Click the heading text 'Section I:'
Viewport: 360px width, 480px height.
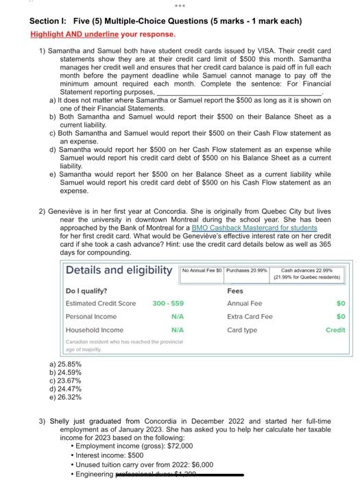49,21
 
